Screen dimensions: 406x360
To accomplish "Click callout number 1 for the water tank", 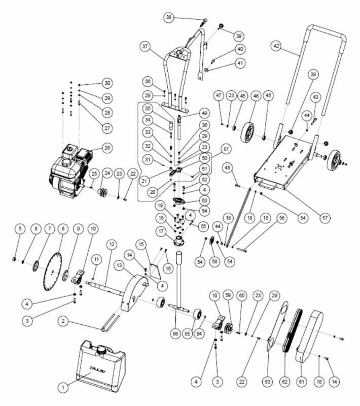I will (64, 387).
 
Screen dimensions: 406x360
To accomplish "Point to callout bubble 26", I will (106, 148).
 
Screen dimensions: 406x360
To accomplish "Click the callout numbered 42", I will (276, 45).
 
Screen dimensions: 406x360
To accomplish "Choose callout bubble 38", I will (169, 18).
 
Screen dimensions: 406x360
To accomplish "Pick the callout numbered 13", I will (120, 265).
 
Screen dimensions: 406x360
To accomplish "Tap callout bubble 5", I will (20, 228).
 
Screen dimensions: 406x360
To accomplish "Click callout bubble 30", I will (107, 83).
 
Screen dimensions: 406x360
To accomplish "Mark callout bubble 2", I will (63, 321).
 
